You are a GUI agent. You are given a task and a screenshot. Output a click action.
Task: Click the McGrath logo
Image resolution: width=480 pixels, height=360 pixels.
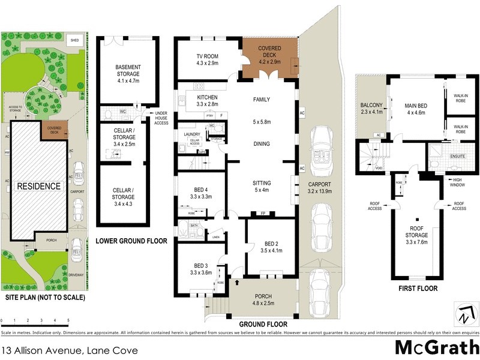click(437, 347)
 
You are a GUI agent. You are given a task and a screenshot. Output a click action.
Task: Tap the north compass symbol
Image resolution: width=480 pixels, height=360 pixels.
click(465, 314)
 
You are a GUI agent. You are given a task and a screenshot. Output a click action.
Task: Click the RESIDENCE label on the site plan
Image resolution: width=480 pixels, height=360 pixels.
click(38, 186)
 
